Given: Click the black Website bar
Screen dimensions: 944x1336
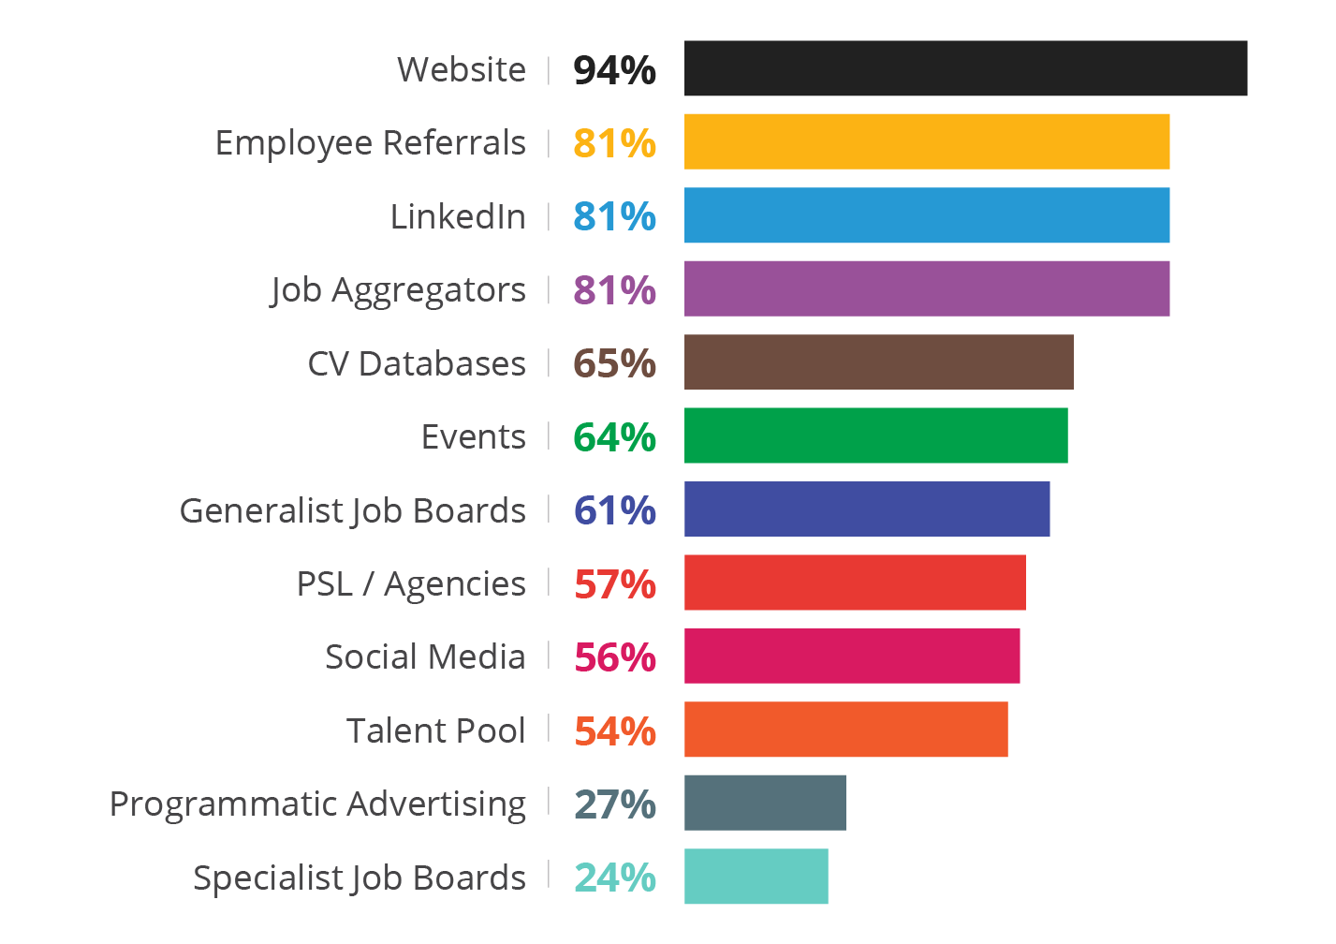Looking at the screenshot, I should coord(965,68).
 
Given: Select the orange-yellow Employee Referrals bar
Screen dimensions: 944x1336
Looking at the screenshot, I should coord(927,141).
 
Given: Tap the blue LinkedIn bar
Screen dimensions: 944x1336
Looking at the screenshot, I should coord(927,215).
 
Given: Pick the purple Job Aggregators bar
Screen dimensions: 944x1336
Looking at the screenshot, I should coord(927,288).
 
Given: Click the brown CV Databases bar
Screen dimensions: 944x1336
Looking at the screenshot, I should coord(878,361).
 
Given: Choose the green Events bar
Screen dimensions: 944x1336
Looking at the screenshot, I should coord(875,435).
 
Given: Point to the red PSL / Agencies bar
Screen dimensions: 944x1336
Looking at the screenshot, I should coord(855,583).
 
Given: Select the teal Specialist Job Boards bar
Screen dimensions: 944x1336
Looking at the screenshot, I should coord(756,877).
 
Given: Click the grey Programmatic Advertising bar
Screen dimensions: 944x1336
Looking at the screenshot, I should coord(765,803).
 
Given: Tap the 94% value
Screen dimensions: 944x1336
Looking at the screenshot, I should coord(614,70).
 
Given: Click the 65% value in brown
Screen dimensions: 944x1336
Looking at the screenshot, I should coord(614,363).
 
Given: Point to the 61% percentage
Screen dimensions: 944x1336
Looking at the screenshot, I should coord(614,510).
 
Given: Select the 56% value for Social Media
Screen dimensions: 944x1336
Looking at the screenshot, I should coord(614,657).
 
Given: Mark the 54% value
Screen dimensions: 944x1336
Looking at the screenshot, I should coord(614,731).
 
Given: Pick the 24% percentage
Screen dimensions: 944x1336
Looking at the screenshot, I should coord(614,878).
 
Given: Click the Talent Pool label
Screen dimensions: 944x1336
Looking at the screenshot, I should coord(435,730).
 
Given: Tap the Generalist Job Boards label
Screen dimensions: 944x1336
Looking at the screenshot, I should coord(352,511).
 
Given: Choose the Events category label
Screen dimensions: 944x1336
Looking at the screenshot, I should coord(473,436).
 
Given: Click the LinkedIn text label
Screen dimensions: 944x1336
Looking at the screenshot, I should coord(458,216).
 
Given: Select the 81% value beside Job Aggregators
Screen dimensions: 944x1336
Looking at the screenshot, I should coord(614,290).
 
